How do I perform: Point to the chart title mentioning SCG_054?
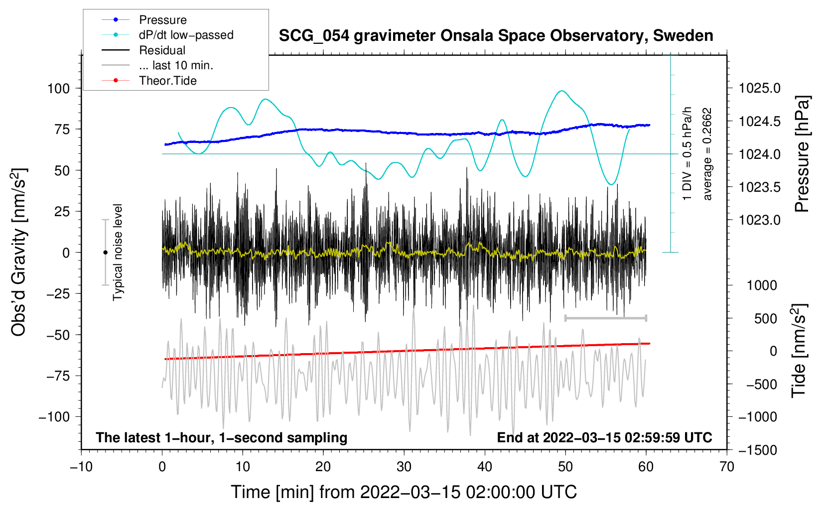click(496, 36)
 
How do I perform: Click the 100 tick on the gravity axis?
click(58, 89)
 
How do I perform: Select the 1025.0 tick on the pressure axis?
click(760, 89)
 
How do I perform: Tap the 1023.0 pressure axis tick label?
click(760, 220)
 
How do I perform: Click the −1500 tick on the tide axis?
click(757, 450)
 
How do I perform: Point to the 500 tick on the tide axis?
click(765, 319)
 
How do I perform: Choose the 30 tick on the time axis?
click(404, 467)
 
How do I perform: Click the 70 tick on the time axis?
click(727, 467)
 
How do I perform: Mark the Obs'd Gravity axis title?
click(19, 252)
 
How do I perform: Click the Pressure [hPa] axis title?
click(802, 154)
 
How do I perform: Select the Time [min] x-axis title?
click(404, 492)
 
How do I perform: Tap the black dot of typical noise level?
click(105, 253)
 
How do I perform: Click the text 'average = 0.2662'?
click(707, 154)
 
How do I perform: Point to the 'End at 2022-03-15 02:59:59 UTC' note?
click(604, 438)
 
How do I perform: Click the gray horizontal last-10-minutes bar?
click(605, 318)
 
